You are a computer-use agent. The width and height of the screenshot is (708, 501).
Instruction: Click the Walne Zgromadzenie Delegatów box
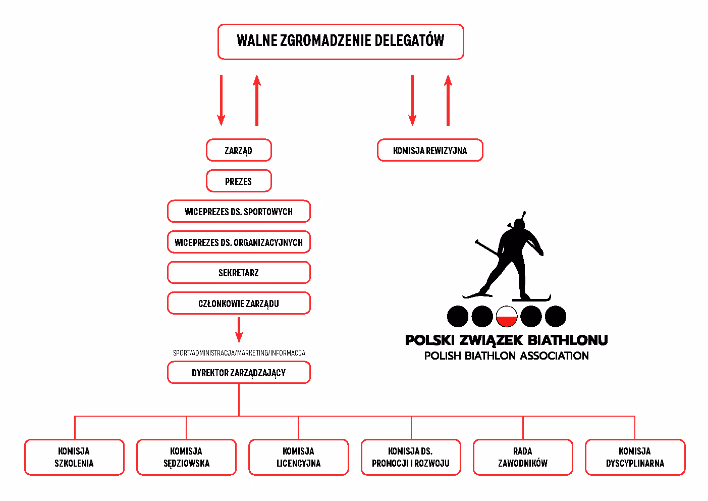pos(341,41)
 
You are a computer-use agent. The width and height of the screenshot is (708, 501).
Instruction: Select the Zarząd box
pos(239,151)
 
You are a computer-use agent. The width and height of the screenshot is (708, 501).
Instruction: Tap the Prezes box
pos(239,181)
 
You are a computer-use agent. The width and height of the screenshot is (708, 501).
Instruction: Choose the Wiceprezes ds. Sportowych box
pos(239,212)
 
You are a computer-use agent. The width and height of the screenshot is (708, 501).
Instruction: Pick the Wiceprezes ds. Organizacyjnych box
pos(239,242)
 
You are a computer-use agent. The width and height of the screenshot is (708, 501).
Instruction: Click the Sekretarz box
pos(239,273)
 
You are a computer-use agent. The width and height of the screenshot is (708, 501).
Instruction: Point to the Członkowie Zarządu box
pos(239,304)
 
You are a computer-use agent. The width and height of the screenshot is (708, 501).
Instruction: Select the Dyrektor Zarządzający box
pos(239,373)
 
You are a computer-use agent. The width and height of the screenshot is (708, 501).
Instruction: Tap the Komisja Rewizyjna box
pos(430,151)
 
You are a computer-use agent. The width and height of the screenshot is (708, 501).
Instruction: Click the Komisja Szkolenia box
pos(74,457)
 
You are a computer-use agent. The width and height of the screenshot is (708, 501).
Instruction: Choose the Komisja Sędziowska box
pos(186,457)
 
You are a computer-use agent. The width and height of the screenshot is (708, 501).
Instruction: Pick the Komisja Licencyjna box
pos(298,457)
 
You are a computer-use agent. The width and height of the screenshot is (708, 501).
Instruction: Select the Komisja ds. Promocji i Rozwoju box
pos(411,457)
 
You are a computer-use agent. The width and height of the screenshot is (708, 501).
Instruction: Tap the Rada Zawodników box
pos(523,457)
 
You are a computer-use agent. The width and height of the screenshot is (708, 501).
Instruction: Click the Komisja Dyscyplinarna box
pos(635,457)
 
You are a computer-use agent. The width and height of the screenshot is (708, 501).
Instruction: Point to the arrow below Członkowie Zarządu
pos(239,330)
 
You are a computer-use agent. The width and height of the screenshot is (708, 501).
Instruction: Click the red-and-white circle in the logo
pos(507,317)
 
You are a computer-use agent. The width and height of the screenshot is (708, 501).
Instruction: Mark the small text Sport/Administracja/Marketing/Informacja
pos(239,353)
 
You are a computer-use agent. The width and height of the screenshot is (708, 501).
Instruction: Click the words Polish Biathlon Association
pos(506,356)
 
